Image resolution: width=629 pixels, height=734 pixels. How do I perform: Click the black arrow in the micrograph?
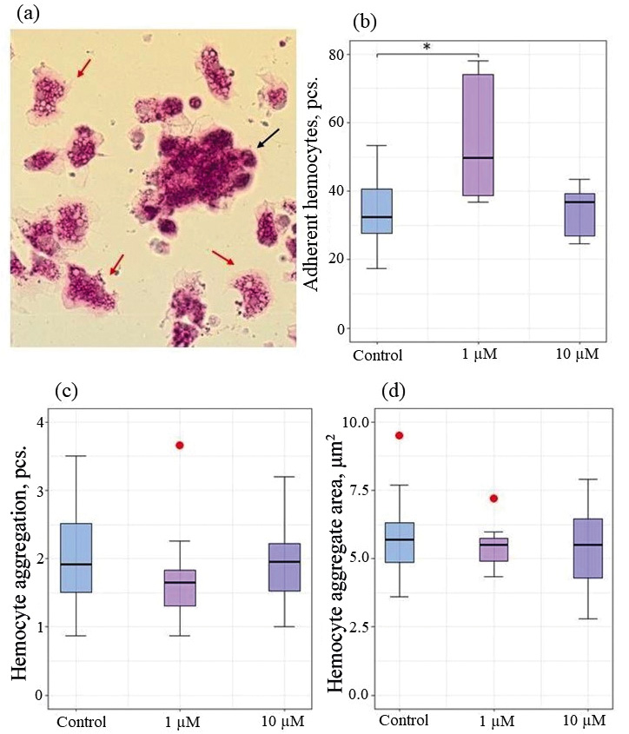(268, 137)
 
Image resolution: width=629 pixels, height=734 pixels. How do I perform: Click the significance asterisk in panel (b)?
(427, 47)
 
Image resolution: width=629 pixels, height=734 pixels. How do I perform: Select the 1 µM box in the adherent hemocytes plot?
(478, 135)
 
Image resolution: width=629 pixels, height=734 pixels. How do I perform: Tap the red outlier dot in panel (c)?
(179, 445)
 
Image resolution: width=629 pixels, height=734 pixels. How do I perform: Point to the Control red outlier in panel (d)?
(399, 435)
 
